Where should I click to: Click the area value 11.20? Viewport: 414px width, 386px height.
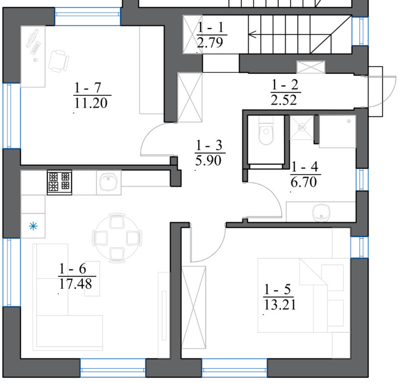tap(91, 103)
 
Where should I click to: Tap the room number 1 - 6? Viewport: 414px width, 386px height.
tap(72, 268)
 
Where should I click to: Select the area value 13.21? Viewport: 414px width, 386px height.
tap(280, 305)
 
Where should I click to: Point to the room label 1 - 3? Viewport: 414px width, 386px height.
tap(209, 145)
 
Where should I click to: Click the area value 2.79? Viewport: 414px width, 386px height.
tap(210, 43)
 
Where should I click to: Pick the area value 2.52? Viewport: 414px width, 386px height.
tap(284, 100)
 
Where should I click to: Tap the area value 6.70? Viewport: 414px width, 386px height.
tap(304, 182)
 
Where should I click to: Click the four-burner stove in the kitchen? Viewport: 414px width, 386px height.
tap(59, 182)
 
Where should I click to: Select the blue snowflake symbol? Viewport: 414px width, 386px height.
tap(33, 226)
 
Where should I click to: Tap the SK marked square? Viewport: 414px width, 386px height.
tap(301, 128)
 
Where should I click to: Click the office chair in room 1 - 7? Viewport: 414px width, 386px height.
tap(59, 61)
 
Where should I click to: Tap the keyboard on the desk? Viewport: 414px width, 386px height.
tap(36, 48)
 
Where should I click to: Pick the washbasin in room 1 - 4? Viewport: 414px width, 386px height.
tap(321, 212)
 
